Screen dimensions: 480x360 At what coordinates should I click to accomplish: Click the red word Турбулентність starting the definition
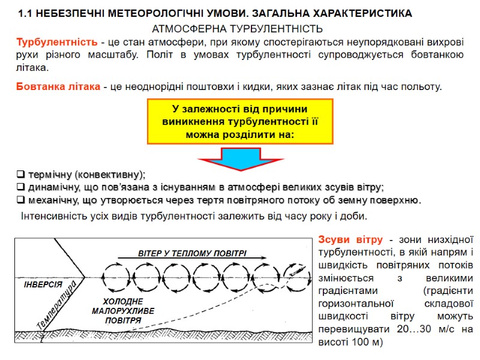coord(56,41)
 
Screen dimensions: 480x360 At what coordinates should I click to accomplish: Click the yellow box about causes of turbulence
coord(239,122)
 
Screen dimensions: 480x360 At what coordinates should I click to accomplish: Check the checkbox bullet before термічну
coord(20,175)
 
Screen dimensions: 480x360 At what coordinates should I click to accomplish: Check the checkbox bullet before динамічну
coord(20,187)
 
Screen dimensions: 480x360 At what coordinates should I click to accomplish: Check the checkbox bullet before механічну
coord(20,199)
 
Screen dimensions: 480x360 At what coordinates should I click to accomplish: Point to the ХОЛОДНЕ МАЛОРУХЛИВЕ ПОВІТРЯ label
coord(123,311)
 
